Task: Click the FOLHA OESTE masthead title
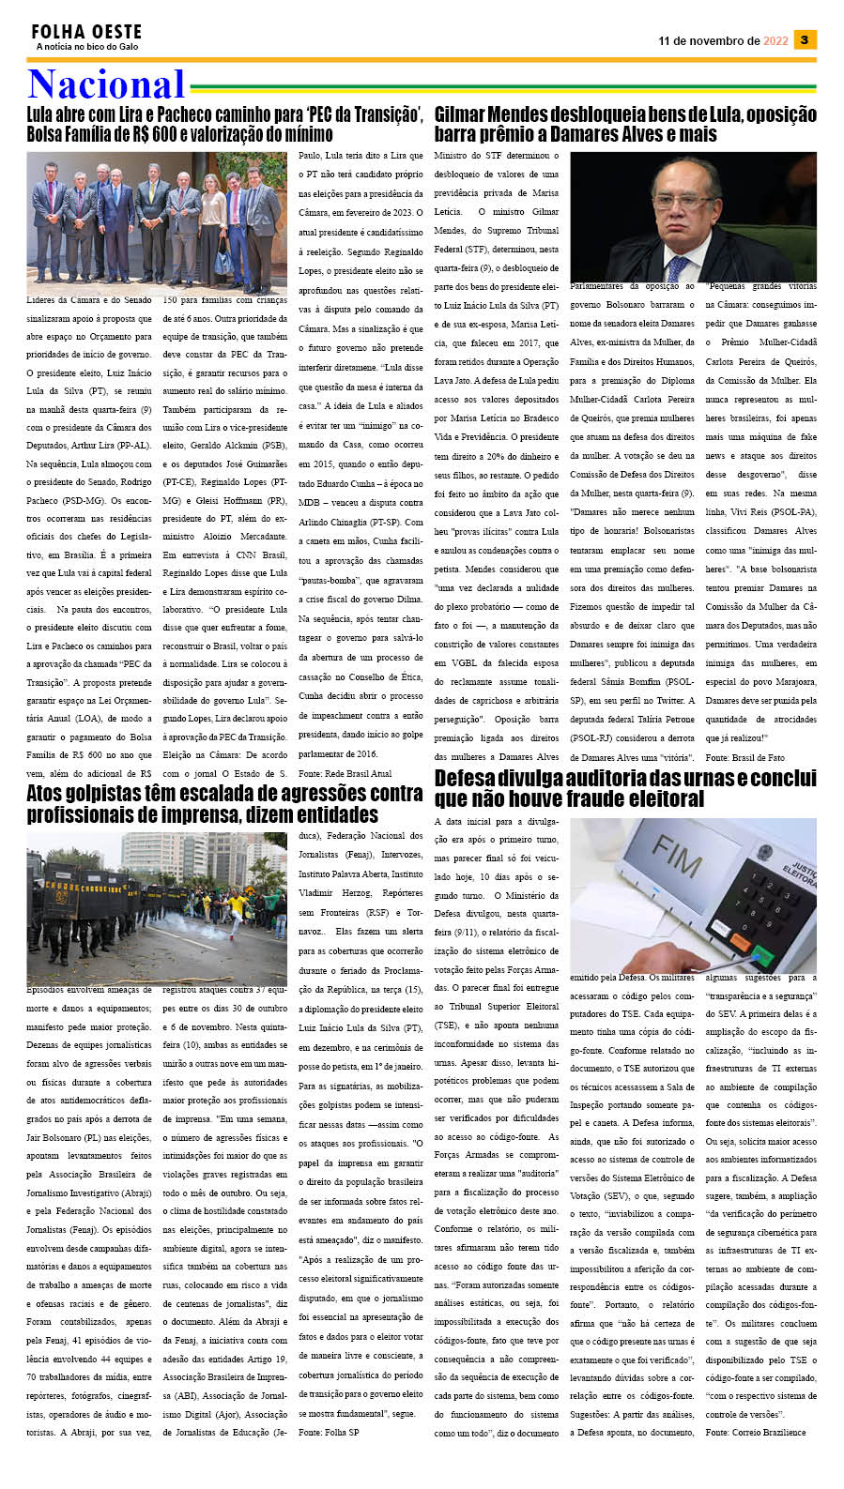pos(86,32)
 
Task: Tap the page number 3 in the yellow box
pos(805,39)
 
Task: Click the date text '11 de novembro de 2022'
pos(723,41)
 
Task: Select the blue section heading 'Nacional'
pos(106,84)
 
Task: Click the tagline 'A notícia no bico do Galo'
pos(86,47)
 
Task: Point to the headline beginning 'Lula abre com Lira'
pos(224,114)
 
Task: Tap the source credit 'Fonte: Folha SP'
pos(328,1433)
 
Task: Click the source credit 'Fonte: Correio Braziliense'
pos(755,1433)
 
